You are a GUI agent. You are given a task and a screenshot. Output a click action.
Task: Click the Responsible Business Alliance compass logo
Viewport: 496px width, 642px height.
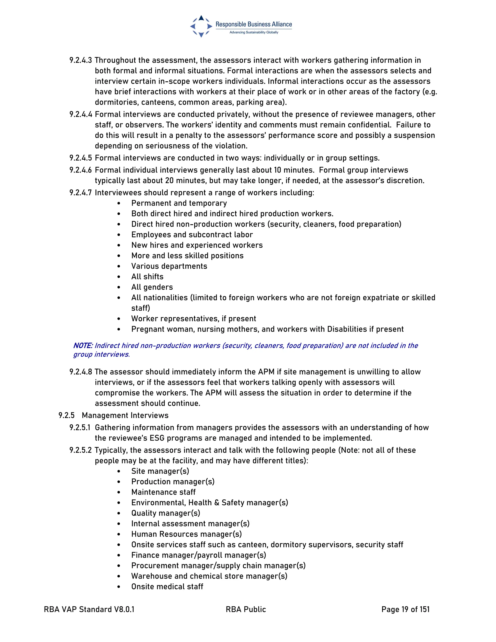201,26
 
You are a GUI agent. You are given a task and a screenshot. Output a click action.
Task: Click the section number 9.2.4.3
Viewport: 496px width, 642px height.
80,60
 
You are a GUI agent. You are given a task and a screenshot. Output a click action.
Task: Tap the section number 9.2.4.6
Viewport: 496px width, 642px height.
80,170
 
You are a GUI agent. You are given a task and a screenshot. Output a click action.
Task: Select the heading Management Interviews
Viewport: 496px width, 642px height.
125,415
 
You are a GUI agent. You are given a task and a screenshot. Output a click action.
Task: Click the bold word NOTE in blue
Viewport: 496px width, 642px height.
83,346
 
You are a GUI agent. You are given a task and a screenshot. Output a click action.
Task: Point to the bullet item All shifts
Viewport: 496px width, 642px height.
147,277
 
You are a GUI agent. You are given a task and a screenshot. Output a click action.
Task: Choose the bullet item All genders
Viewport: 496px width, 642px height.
152,287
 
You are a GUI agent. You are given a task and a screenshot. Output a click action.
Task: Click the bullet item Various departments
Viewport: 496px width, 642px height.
169,266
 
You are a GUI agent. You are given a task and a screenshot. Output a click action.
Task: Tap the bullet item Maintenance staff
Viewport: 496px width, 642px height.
163,492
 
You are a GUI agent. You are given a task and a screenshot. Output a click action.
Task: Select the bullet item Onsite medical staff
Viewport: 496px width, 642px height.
167,587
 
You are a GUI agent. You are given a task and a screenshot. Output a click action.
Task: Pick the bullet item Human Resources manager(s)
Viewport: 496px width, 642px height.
186,534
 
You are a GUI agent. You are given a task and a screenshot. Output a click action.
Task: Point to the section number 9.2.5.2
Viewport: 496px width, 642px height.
80,450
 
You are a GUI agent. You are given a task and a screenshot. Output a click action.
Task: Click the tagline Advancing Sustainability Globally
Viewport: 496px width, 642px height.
254,32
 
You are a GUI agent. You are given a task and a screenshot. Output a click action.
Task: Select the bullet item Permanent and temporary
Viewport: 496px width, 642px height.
179,203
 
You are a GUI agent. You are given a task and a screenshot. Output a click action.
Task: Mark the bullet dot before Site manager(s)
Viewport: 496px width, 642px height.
119,471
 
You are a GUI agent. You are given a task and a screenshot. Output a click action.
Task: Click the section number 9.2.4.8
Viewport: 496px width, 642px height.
80,372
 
